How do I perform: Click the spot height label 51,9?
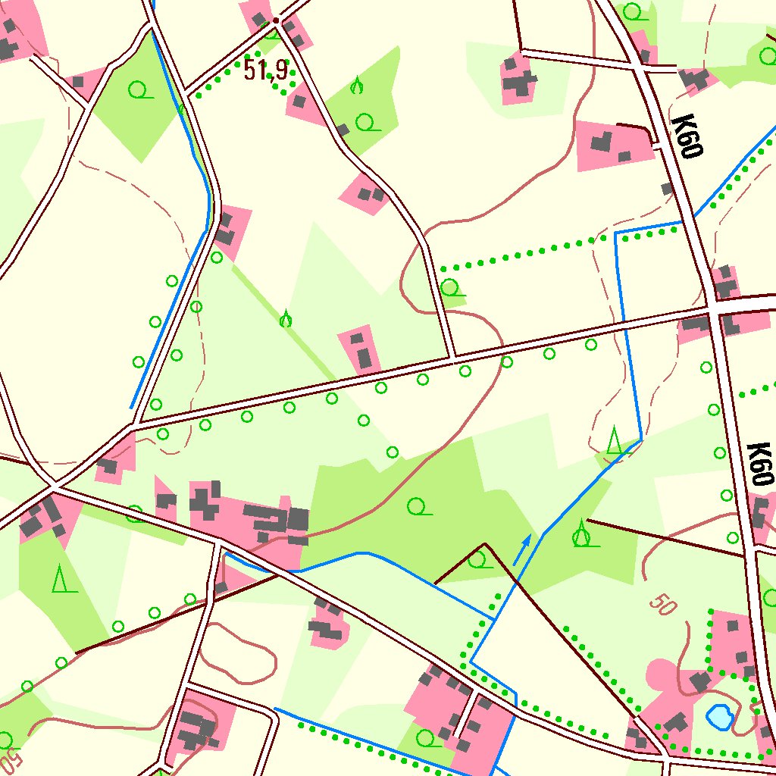(x=265, y=70)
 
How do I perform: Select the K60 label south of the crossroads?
(x=759, y=464)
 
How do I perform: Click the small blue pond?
(x=718, y=715)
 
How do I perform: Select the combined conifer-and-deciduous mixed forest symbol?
(x=581, y=534)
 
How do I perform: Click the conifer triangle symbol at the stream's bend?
(x=615, y=440)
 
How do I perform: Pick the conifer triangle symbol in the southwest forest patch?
(x=59, y=580)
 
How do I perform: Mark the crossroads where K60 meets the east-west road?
(x=714, y=310)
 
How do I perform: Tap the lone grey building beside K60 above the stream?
(x=667, y=188)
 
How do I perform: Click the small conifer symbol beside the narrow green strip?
(x=286, y=319)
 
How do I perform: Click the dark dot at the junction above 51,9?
(x=277, y=20)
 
